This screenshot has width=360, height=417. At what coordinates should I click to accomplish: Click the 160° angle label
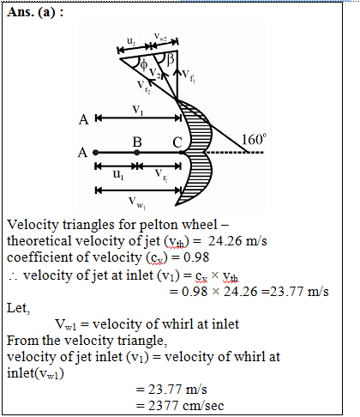tap(254, 139)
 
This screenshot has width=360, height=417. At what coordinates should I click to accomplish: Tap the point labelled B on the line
tap(137, 153)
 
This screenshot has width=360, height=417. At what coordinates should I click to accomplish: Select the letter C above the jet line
tap(177, 142)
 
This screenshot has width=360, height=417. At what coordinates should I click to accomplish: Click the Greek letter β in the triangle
tap(171, 60)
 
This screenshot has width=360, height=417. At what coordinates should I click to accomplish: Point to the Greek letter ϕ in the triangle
tap(144, 64)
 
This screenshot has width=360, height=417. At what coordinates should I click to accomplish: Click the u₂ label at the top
tap(131, 41)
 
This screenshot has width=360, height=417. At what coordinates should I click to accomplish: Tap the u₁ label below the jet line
tap(118, 174)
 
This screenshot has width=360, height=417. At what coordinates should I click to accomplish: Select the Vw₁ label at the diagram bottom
tap(137, 202)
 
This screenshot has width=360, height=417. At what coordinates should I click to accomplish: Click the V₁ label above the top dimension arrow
tap(138, 110)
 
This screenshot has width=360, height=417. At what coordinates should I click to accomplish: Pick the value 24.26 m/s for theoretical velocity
tap(237, 241)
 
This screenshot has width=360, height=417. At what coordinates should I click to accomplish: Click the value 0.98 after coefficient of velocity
tap(196, 257)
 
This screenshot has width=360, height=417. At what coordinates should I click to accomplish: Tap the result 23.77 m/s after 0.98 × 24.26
tap(299, 292)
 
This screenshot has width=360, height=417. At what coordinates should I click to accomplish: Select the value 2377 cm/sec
tap(186, 406)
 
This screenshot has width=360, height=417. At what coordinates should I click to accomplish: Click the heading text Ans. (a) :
tap(35, 13)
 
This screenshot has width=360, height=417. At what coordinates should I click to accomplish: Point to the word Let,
tap(19, 308)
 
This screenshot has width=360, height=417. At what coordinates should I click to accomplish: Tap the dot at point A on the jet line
tap(96, 153)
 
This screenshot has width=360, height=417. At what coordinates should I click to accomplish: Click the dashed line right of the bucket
tap(235, 153)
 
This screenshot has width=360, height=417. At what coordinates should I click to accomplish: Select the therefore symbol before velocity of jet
tap(13, 276)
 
